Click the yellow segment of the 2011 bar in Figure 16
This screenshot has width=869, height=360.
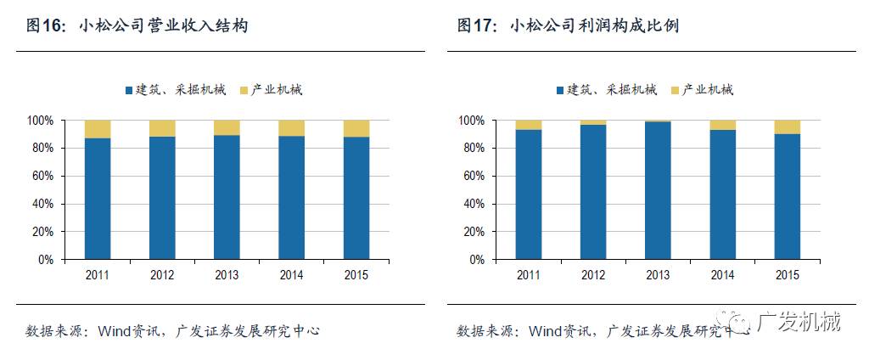click(98, 129)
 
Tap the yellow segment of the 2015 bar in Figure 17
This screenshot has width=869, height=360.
click(787, 127)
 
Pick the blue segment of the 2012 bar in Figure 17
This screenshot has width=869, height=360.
click(593, 192)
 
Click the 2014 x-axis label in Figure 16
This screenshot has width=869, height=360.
click(291, 274)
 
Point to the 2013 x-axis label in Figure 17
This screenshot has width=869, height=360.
click(658, 274)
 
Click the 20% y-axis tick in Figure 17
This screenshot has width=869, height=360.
click(474, 232)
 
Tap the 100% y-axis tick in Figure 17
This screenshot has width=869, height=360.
click(471, 121)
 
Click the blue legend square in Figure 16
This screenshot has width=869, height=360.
click(129, 90)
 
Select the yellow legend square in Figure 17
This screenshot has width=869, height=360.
click(676, 90)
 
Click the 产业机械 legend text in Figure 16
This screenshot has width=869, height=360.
click(278, 90)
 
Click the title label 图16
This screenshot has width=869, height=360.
click(46, 26)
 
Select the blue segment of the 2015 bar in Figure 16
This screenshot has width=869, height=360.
click(356, 198)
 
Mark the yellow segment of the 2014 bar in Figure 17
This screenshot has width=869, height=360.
click(722, 125)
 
